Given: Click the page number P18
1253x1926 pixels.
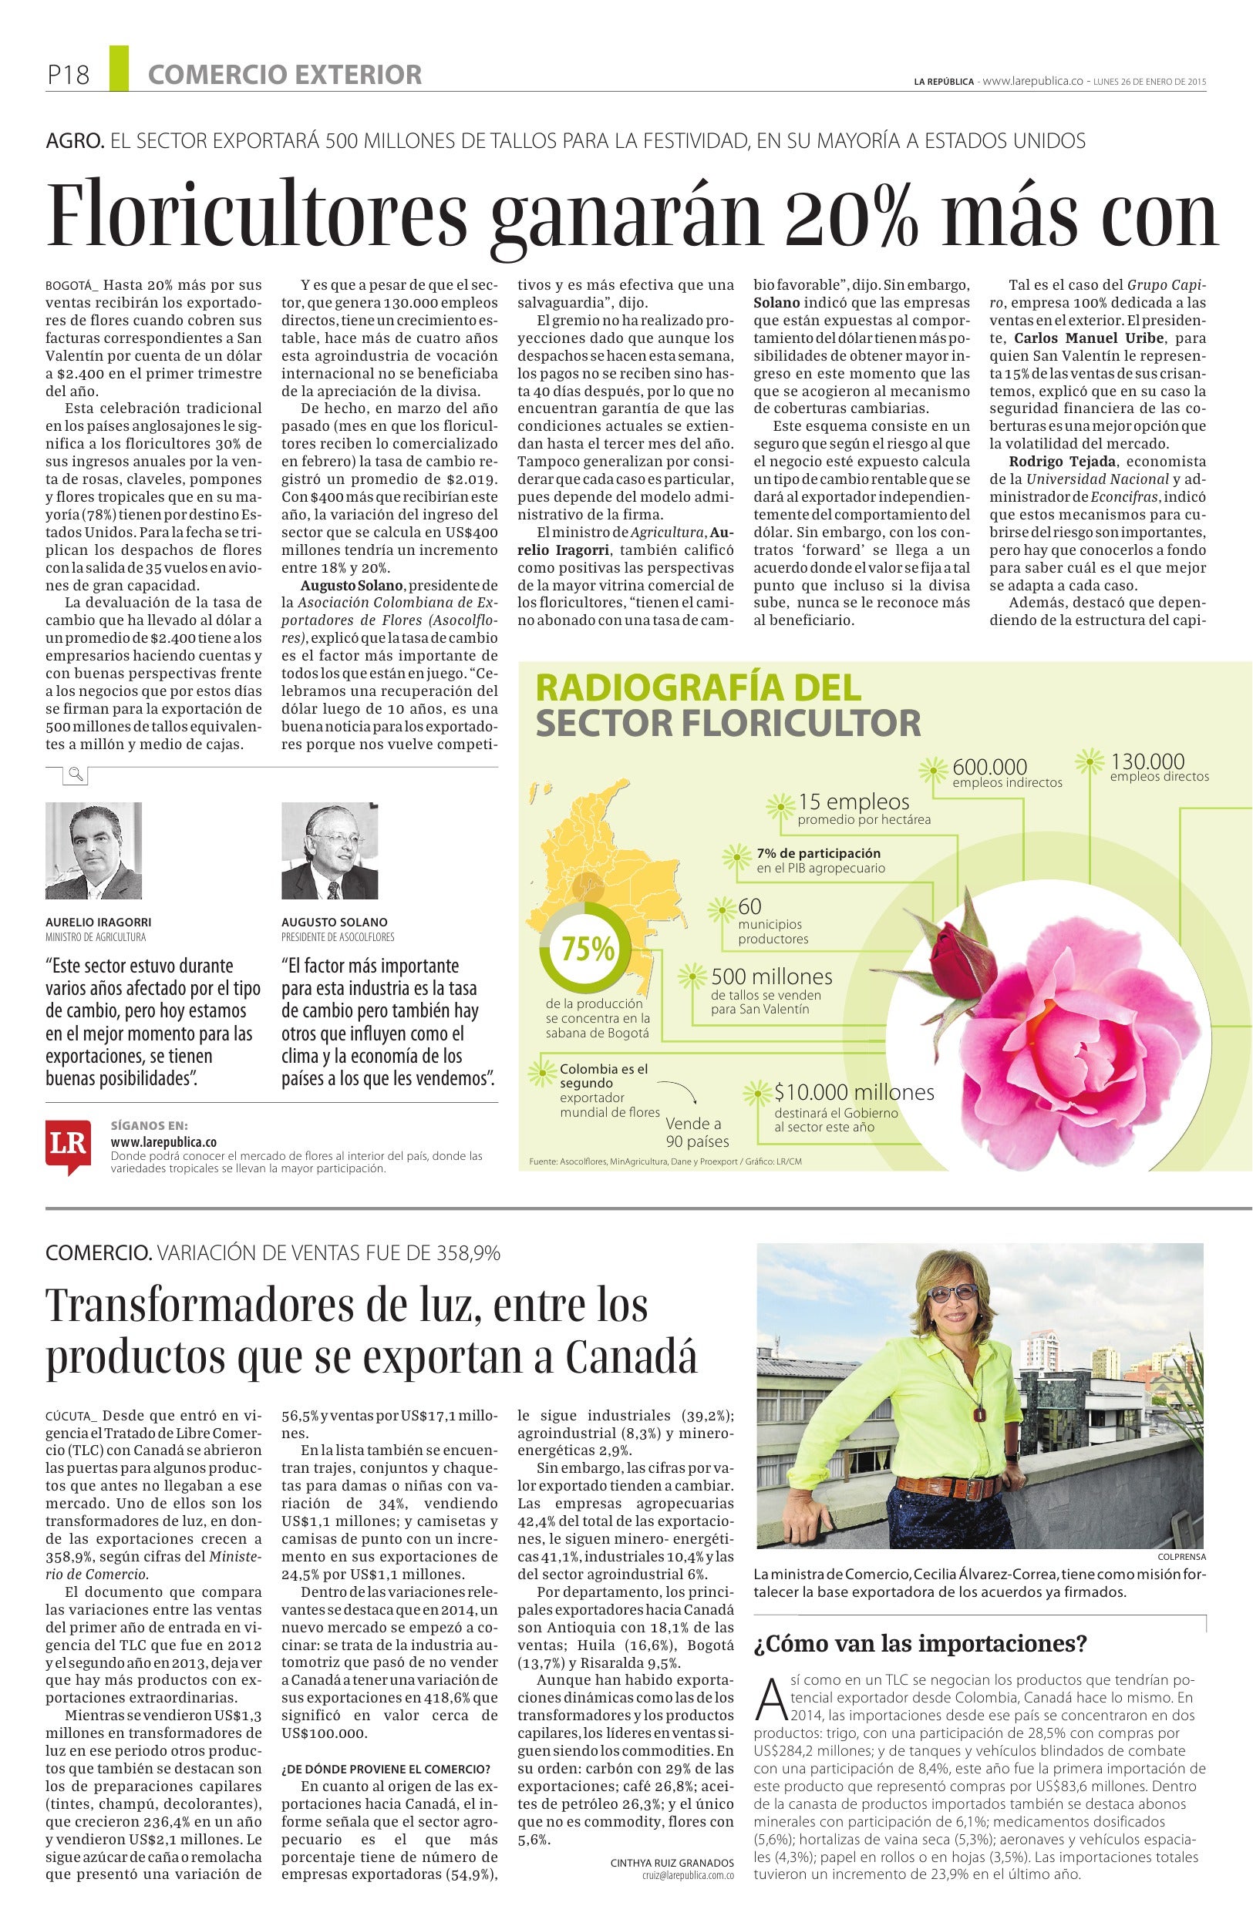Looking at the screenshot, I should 67,76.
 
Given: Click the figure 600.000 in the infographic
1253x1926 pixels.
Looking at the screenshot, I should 989,765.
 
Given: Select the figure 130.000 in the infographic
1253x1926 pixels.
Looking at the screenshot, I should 1146,761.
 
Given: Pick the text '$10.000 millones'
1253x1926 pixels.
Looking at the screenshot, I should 853,1091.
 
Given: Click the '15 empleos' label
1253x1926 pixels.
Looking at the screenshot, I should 853,802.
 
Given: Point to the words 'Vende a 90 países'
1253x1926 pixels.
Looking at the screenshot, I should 696,1132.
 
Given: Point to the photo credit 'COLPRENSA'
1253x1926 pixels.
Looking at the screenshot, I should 1181,1556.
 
